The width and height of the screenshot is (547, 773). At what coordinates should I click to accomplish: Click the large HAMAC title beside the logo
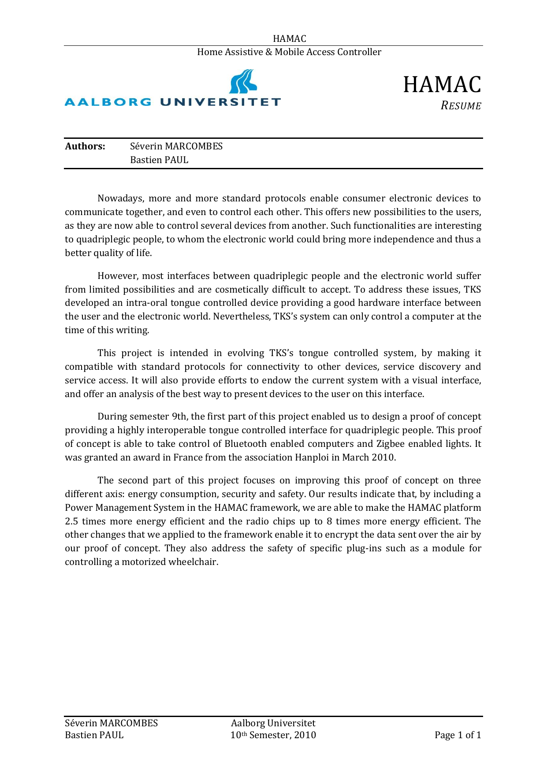pos(442,85)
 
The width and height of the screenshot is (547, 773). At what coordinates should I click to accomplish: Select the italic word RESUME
pos(461,106)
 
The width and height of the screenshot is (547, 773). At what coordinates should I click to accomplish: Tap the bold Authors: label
pos(85,146)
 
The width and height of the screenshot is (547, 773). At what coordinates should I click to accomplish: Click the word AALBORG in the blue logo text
pos(108,102)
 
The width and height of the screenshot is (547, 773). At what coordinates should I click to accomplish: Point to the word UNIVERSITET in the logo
pos(220,102)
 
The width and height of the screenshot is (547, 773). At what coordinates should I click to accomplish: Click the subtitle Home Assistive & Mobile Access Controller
pos(289,52)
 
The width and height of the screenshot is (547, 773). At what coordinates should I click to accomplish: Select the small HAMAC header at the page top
pos(289,39)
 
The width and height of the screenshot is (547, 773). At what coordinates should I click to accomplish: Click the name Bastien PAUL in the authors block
pos(159,160)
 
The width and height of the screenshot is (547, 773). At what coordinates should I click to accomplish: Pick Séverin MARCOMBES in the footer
pos(111,723)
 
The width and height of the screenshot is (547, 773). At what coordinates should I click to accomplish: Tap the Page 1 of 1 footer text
pos(458,735)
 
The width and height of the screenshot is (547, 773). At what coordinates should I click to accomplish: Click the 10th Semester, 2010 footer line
pos(273,735)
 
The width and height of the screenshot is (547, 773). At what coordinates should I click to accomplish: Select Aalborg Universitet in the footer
pos(273,723)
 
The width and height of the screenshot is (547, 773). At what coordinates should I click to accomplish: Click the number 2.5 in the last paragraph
pos(71,521)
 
